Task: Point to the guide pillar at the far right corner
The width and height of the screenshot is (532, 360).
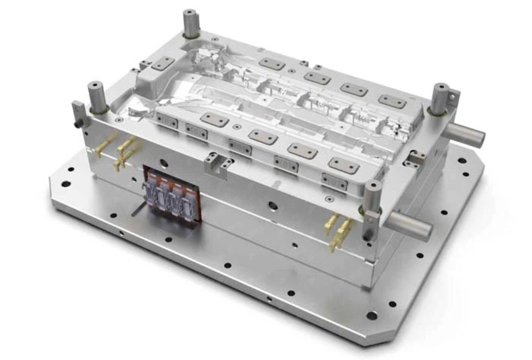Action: [440, 98]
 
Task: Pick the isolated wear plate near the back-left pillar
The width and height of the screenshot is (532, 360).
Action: [163, 64]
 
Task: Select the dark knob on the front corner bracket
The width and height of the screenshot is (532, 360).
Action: [367, 234]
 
